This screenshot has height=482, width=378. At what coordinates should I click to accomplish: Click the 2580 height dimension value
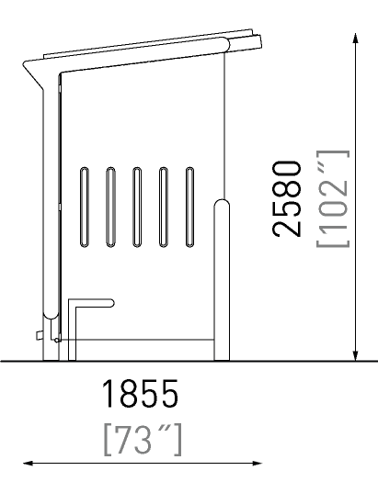287,199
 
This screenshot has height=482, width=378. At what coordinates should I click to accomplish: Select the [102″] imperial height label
333,198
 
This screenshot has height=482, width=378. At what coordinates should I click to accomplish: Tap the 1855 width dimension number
140,394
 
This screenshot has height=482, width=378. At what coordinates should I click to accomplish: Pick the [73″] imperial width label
143,440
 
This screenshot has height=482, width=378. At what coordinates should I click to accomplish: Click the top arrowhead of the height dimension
356,39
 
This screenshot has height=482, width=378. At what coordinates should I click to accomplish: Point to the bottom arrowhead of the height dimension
356,355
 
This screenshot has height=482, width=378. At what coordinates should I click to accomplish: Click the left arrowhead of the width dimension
29,463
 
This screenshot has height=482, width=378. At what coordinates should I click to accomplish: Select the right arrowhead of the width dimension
257,463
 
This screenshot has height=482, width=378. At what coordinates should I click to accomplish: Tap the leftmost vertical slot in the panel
84,207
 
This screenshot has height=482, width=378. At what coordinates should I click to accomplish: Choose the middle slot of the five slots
137,207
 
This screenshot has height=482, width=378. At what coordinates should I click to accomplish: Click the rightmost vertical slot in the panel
190,207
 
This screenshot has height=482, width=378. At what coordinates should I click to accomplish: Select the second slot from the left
110,207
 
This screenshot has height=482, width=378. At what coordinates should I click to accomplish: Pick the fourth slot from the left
164,207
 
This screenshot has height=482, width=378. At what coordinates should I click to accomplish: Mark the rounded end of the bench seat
111,303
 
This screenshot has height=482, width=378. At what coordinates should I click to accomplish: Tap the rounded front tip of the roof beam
227,45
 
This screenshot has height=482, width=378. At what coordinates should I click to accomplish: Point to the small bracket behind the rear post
40,335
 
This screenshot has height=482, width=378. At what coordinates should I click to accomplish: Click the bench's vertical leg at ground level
72,356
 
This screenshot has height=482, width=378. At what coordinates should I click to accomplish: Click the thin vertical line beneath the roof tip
225,126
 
